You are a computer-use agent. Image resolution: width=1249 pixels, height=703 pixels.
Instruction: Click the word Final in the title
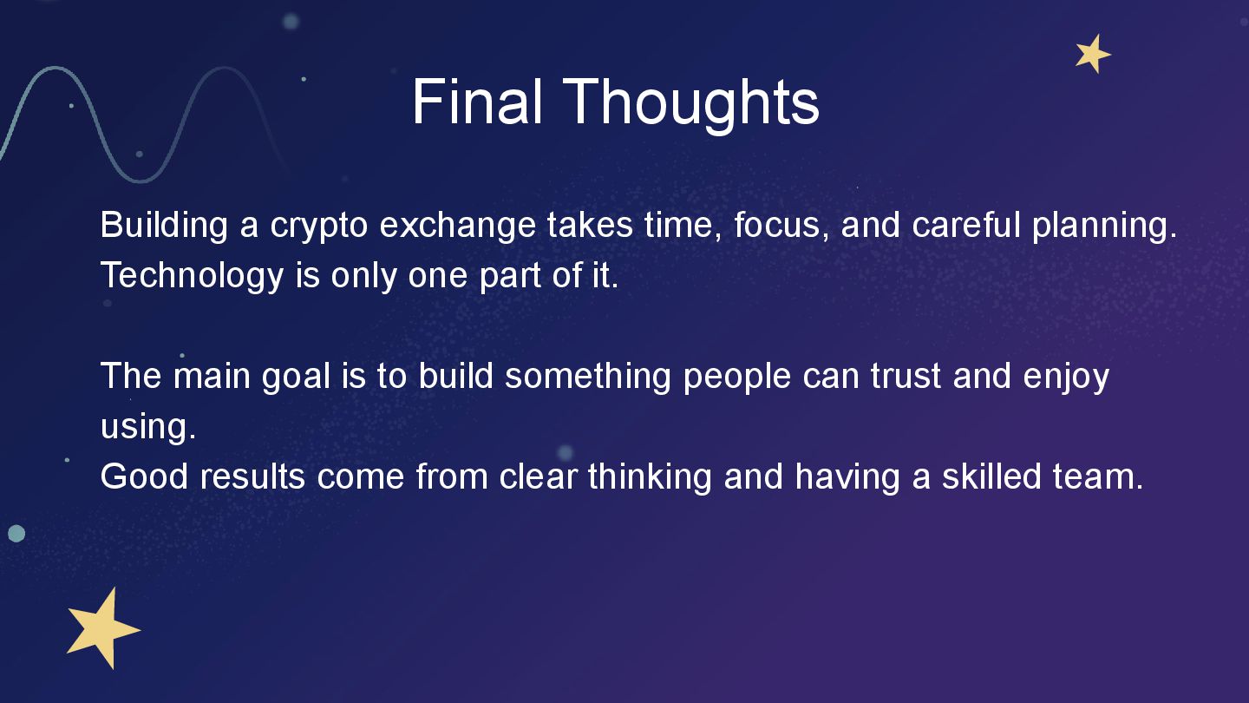click(477, 102)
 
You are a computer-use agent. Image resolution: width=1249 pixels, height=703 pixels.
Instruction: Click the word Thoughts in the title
click(690, 106)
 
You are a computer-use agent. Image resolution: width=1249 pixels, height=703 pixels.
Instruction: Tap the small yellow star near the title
click(1093, 54)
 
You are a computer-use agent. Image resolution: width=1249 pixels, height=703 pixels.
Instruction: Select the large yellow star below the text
click(102, 627)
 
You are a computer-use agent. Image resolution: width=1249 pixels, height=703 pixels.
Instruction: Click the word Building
click(164, 226)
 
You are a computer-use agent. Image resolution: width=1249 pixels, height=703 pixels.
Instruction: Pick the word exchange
click(458, 226)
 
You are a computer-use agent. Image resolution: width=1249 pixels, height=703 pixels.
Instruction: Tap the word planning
click(1105, 226)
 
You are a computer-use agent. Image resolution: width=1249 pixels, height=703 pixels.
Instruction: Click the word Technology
click(193, 276)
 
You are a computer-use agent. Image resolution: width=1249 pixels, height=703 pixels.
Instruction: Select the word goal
click(296, 377)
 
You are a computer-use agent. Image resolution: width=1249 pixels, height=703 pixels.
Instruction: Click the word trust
click(906, 376)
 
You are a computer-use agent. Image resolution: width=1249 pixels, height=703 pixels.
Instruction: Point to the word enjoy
click(1066, 378)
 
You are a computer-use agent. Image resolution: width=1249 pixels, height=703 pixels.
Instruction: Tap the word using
click(148, 427)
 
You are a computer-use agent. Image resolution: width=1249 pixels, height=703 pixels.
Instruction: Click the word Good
click(144, 476)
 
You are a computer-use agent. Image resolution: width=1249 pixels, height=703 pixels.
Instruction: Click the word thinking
click(650, 477)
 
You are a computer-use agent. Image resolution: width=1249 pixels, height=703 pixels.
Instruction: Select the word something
click(588, 377)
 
